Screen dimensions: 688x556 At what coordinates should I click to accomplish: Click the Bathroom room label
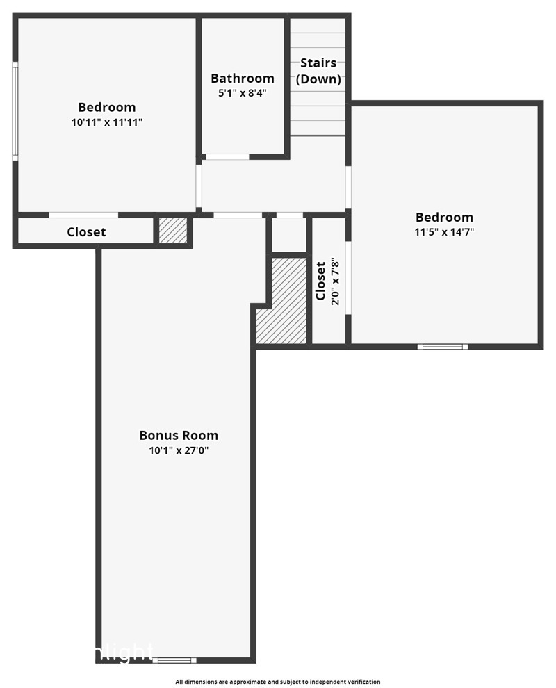coord(243,78)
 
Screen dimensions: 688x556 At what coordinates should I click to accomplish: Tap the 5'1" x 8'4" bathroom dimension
coord(243,92)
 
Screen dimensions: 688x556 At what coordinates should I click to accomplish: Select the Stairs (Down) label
coord(318,71)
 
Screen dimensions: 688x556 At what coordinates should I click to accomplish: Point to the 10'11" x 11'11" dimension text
coord(106,122)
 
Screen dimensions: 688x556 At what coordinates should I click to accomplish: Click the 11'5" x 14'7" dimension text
coord(444,232)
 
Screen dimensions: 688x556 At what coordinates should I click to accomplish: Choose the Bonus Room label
coord(179,436)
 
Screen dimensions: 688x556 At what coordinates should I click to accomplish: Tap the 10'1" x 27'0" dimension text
coord(179,450)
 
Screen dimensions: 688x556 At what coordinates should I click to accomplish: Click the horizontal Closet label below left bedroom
coord(86,232)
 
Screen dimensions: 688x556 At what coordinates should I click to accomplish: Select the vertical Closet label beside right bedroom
coord(320,281)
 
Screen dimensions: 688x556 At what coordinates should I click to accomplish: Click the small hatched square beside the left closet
coord(173,231)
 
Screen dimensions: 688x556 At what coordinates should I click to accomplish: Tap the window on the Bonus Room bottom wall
coord(174,660)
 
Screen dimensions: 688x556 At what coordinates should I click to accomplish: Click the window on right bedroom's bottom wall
coord(442,345)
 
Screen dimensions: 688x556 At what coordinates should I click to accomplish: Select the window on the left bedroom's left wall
coord(15,111)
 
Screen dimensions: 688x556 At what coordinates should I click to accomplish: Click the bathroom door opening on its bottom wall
coord(227,156)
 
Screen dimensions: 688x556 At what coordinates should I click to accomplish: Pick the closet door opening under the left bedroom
coord(83,215)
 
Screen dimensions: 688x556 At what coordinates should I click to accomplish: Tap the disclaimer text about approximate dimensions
coord(278,682)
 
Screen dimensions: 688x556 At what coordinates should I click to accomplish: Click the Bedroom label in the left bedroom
coord(106,107)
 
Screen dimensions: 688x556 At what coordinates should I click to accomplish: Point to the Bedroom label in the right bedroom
coord(444,218)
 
